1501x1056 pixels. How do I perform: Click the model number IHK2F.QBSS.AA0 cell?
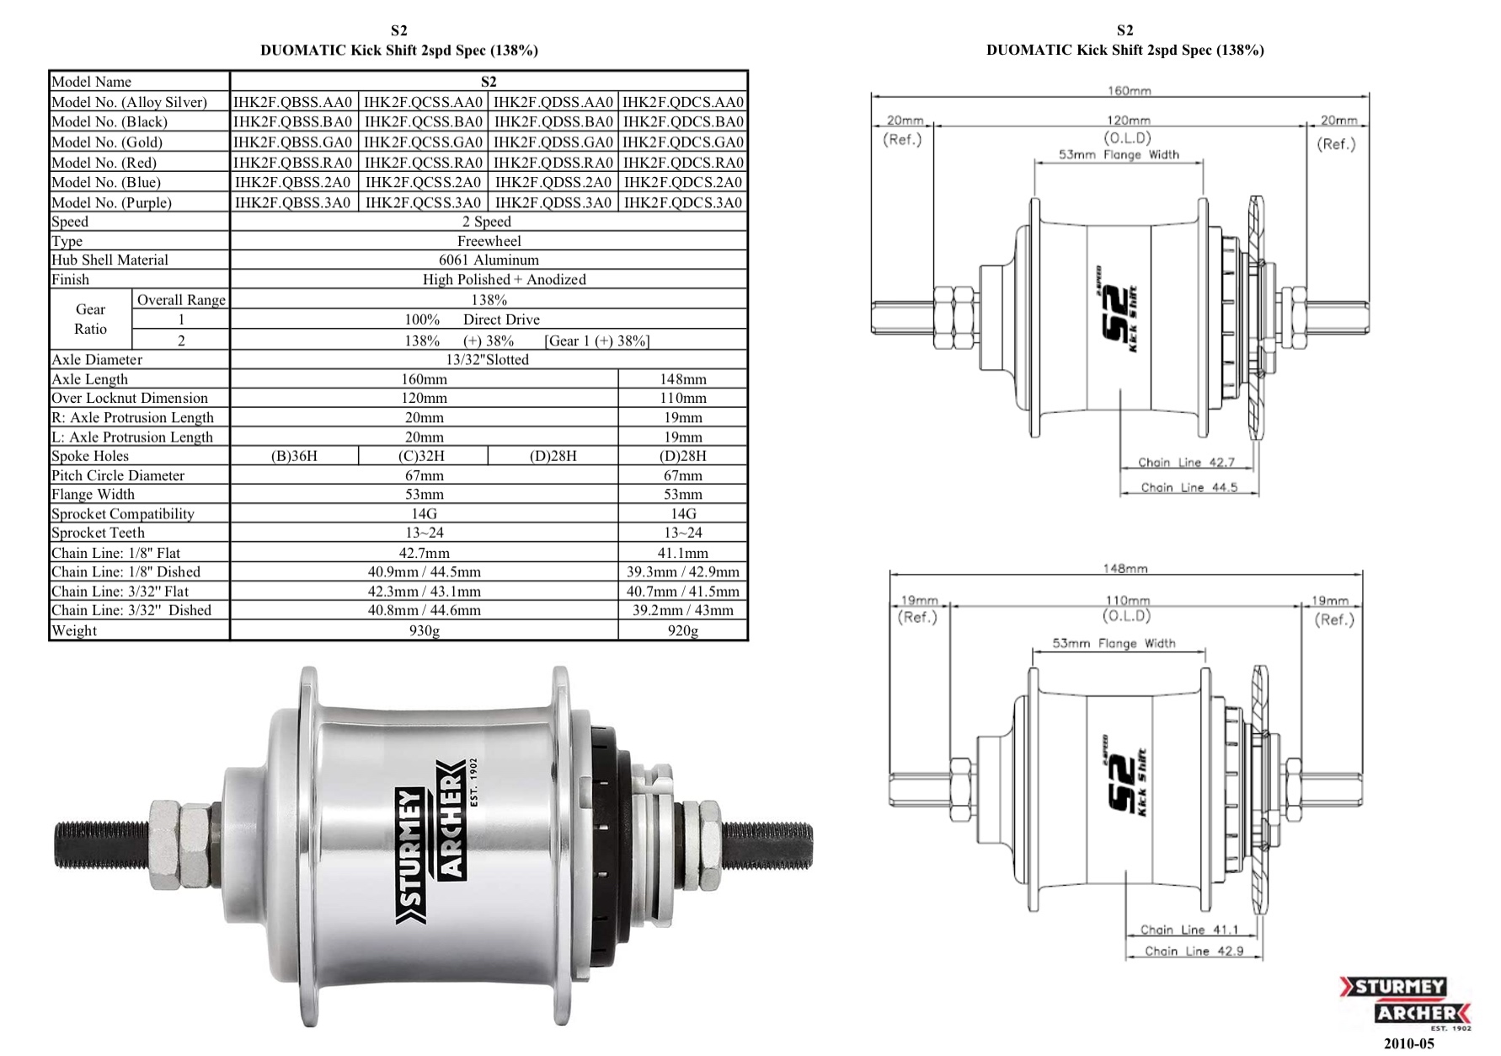(x=293, y=102)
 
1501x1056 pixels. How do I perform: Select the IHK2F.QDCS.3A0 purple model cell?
(x=683, y=202)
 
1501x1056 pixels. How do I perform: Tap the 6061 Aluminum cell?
(x=489, y=260)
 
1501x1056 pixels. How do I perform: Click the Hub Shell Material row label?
(x=110, y=260)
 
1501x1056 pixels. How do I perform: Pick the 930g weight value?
(x=424, y=630)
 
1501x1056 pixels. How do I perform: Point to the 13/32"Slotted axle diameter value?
(x=489, y=359)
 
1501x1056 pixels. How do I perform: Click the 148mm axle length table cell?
(x=683, y=379)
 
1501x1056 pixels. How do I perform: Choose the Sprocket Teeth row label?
(x=98, y=533)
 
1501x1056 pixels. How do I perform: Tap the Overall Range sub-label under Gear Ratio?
(x=181, y=300)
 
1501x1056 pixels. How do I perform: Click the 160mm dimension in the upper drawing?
(x=1128, y=90)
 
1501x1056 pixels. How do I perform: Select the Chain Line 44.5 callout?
(x=1189, y=487)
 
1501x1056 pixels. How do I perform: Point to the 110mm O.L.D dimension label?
(x=1127, y=600)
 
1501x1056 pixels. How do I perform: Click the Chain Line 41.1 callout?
(x=1189, y=930)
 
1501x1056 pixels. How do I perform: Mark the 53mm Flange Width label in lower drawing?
(x=1114, y=643)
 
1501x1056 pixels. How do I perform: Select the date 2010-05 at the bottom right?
(x=1409, y=1043)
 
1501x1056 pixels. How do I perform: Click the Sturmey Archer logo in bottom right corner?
(x=1405, y=1002)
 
